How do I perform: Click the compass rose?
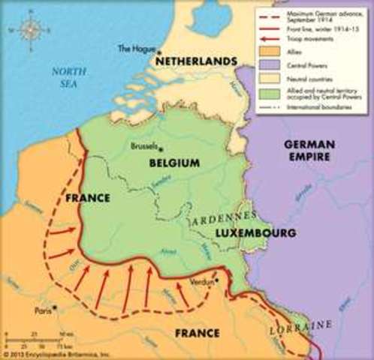(32, 29)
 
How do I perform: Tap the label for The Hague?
(134, 49)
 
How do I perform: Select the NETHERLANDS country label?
(196, 60)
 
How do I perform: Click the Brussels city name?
(144, 146)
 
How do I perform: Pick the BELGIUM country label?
(173, 162)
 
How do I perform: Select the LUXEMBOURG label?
(255, 233)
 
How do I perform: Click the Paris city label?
(41, 308)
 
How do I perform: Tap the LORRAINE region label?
(300, 325)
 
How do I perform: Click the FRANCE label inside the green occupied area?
(87, 198)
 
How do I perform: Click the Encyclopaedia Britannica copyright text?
(56, 353)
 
